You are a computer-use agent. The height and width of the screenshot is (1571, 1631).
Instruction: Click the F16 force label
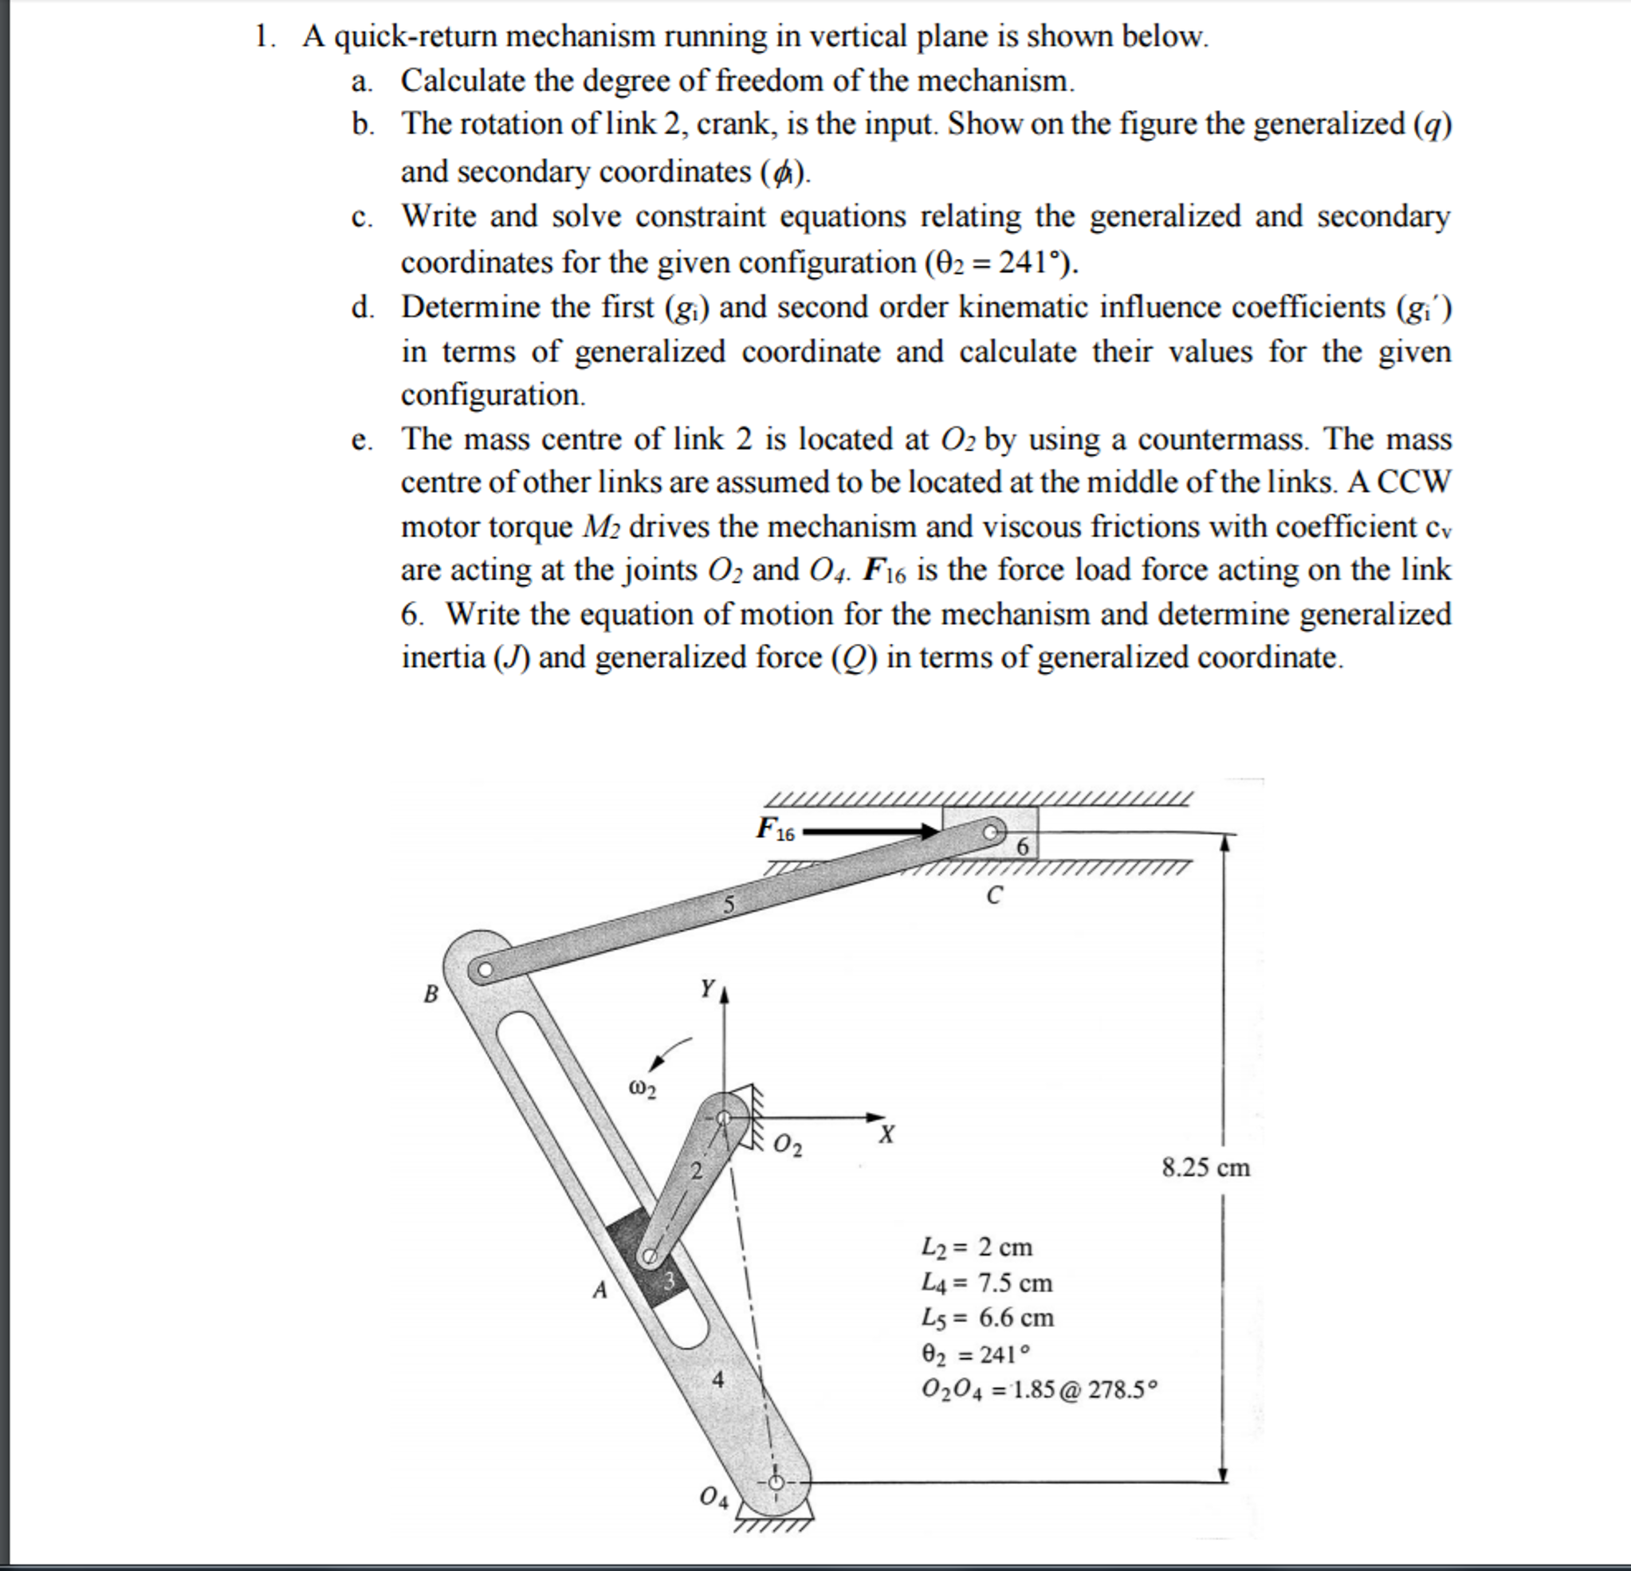click(775, 829)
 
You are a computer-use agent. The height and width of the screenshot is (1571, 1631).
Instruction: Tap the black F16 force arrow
click(870, 831)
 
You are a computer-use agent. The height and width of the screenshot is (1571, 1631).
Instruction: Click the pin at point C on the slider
click(990, 831)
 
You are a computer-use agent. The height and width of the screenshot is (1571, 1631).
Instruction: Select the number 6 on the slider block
click(1023, 846)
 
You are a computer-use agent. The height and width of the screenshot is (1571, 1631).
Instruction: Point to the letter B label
click(430, 993)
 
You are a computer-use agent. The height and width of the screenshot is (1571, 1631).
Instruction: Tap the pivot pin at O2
click(723, 1118)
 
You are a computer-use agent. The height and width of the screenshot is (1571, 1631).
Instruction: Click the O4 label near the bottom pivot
click(713, 1498)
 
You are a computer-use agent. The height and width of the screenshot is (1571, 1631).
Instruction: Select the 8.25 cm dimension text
click(1206, 1168)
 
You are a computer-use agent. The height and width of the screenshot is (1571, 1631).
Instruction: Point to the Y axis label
click(707, 988)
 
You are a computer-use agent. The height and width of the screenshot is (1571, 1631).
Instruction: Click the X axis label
click(887, 1134)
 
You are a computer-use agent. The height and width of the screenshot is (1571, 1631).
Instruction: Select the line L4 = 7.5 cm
click(987, 1282)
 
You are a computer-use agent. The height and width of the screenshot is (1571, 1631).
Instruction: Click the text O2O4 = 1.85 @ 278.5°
click(1039, 1388)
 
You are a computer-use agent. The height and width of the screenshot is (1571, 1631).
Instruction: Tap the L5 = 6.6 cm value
click(987, 1318)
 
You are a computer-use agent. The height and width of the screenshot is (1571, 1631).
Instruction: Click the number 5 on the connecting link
click(728, 904)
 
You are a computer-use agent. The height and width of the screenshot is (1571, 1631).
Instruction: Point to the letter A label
click(599, 1290)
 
